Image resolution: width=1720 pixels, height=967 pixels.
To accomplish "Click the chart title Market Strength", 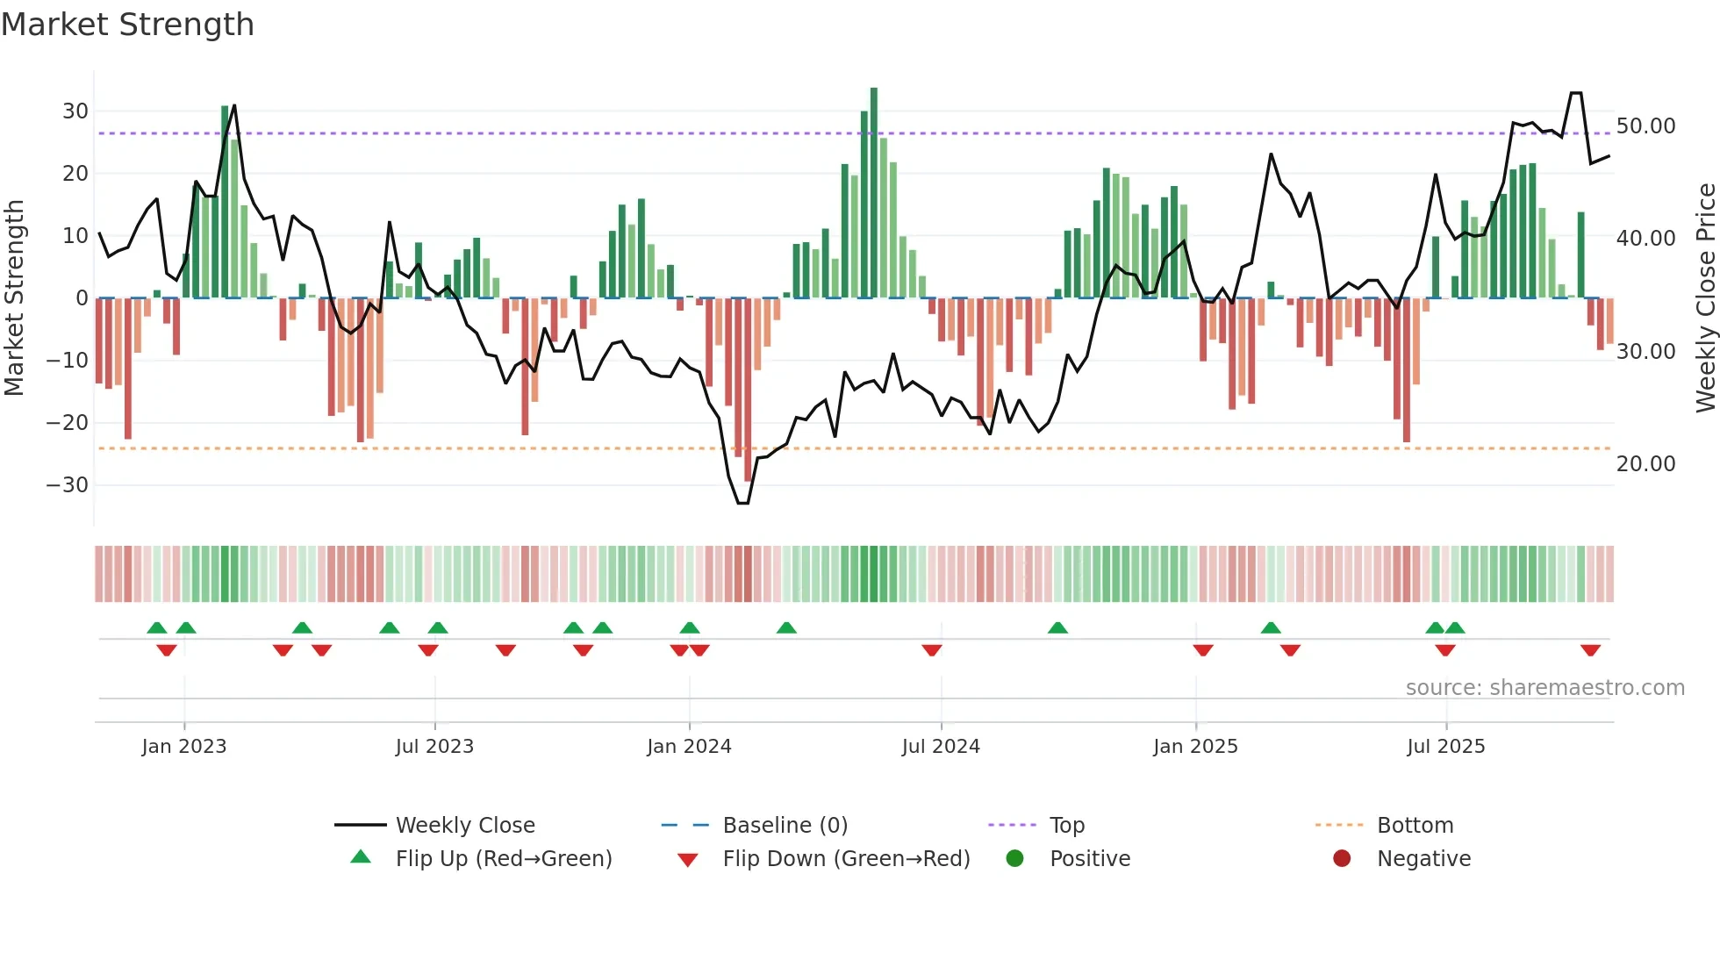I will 127,25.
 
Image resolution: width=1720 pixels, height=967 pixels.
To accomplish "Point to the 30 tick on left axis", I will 75,111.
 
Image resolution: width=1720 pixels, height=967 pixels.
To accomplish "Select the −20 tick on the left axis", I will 68,423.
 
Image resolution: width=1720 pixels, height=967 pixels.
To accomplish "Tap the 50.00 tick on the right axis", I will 1645,126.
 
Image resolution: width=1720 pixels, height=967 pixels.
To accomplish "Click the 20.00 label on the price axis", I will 1645,464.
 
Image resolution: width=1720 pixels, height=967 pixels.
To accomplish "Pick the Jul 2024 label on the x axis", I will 941,747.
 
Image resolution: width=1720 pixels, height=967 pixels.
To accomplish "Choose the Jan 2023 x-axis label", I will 184,747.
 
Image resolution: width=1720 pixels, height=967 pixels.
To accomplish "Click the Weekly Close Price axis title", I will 1705,298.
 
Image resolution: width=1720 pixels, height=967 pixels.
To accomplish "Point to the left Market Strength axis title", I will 14,298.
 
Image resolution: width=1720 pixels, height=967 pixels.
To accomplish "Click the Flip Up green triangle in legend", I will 361,857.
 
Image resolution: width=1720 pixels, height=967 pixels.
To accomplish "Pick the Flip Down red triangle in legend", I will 688,860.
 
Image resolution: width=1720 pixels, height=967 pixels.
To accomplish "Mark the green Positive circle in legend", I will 1015,858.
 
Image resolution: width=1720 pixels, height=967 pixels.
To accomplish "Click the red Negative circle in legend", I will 1342,858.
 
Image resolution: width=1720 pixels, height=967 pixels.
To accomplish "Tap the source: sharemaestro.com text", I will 1544,688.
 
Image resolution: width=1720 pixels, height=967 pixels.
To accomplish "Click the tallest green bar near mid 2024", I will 874,193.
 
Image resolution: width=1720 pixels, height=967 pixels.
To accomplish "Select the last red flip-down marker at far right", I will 1590,650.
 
